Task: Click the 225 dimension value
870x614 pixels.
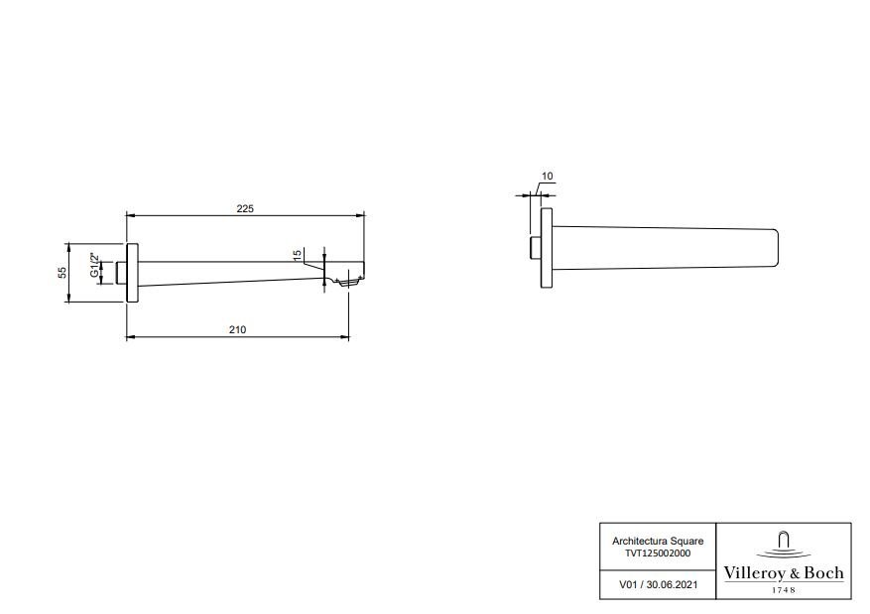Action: point(245,208)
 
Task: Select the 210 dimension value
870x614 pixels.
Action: point(237,329)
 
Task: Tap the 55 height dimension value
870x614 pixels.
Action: point(62,273)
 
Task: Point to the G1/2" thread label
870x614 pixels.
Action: point(94,265)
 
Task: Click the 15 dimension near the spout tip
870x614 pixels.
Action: point(297,255)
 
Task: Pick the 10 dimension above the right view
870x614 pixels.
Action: point(547,177)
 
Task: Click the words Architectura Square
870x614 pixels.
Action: point(658,541)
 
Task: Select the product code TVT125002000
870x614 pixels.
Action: point(658,553)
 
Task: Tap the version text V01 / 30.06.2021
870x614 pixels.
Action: point(658,584)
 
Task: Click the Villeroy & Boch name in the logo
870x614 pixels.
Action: point(784,573)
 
